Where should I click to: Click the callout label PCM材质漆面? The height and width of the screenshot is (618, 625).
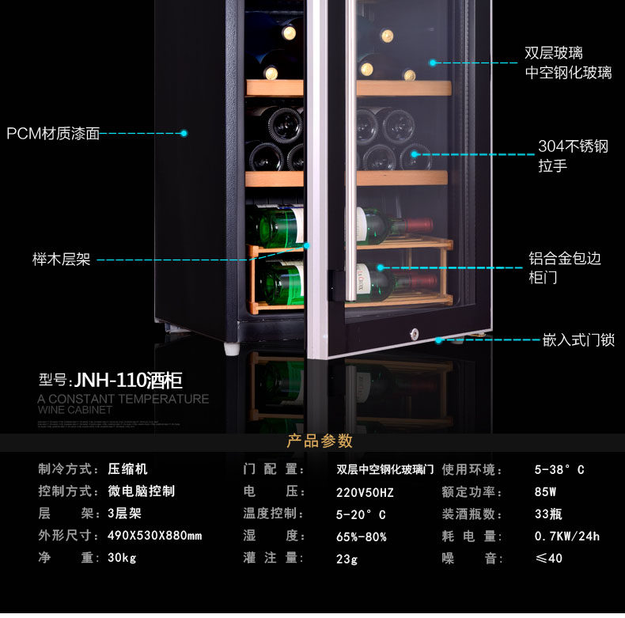(x=53, y=134)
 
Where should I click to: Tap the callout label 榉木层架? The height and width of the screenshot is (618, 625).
(x=61, y=260)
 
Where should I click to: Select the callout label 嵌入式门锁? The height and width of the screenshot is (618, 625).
(x=578, y=340)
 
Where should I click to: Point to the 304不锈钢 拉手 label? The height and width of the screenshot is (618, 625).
(x=573, y=156)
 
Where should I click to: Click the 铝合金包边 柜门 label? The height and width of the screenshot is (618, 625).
(x=564, y=267)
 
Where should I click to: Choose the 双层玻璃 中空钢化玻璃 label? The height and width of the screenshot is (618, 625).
(x=568, y=63)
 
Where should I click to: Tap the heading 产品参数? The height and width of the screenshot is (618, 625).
(x=320, y=442)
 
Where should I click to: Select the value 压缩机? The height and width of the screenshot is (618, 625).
(x=127, y=469)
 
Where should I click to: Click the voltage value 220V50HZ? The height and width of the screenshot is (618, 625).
(x=365, y=492)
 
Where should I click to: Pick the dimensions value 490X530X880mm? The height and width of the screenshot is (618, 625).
(x=154, y=536)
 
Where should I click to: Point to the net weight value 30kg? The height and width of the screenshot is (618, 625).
(x=122, y=558)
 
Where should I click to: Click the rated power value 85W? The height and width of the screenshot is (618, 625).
(x=545, y=491)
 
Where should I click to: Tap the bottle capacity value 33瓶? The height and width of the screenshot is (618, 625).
(x=548, y=514)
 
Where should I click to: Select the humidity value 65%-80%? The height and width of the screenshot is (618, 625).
(x=361, y=536)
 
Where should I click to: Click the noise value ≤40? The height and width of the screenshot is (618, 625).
(x=548, y=558)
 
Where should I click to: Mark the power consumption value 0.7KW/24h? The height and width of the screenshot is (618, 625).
(x=566, y=536)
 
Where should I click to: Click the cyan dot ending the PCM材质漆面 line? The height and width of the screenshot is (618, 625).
(x=184, y=134)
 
